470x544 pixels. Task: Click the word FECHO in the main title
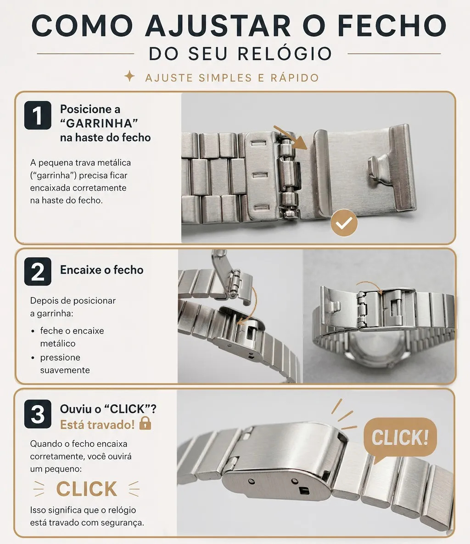point(392,25)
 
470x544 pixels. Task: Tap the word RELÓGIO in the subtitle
point(285,54)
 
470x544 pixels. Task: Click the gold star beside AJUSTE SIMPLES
point(129,77)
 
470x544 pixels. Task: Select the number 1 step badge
point(38,115)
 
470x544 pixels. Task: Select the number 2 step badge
point(38,271)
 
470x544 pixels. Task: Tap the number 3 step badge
point(38,414)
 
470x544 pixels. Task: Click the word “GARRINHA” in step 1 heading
point(99,123)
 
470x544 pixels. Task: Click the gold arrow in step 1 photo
point(291,138)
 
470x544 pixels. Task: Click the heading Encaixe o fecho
point(102,270)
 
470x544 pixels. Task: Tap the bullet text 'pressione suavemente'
point(65,363)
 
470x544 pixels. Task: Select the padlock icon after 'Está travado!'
point(145,423)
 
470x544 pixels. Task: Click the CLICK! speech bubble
point(400,438)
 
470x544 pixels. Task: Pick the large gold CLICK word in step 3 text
point(86,489)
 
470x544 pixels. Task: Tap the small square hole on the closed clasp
point(303,490)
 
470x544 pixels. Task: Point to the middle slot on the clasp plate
point(261,176)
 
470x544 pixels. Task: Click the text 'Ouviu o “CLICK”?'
point(108,409)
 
